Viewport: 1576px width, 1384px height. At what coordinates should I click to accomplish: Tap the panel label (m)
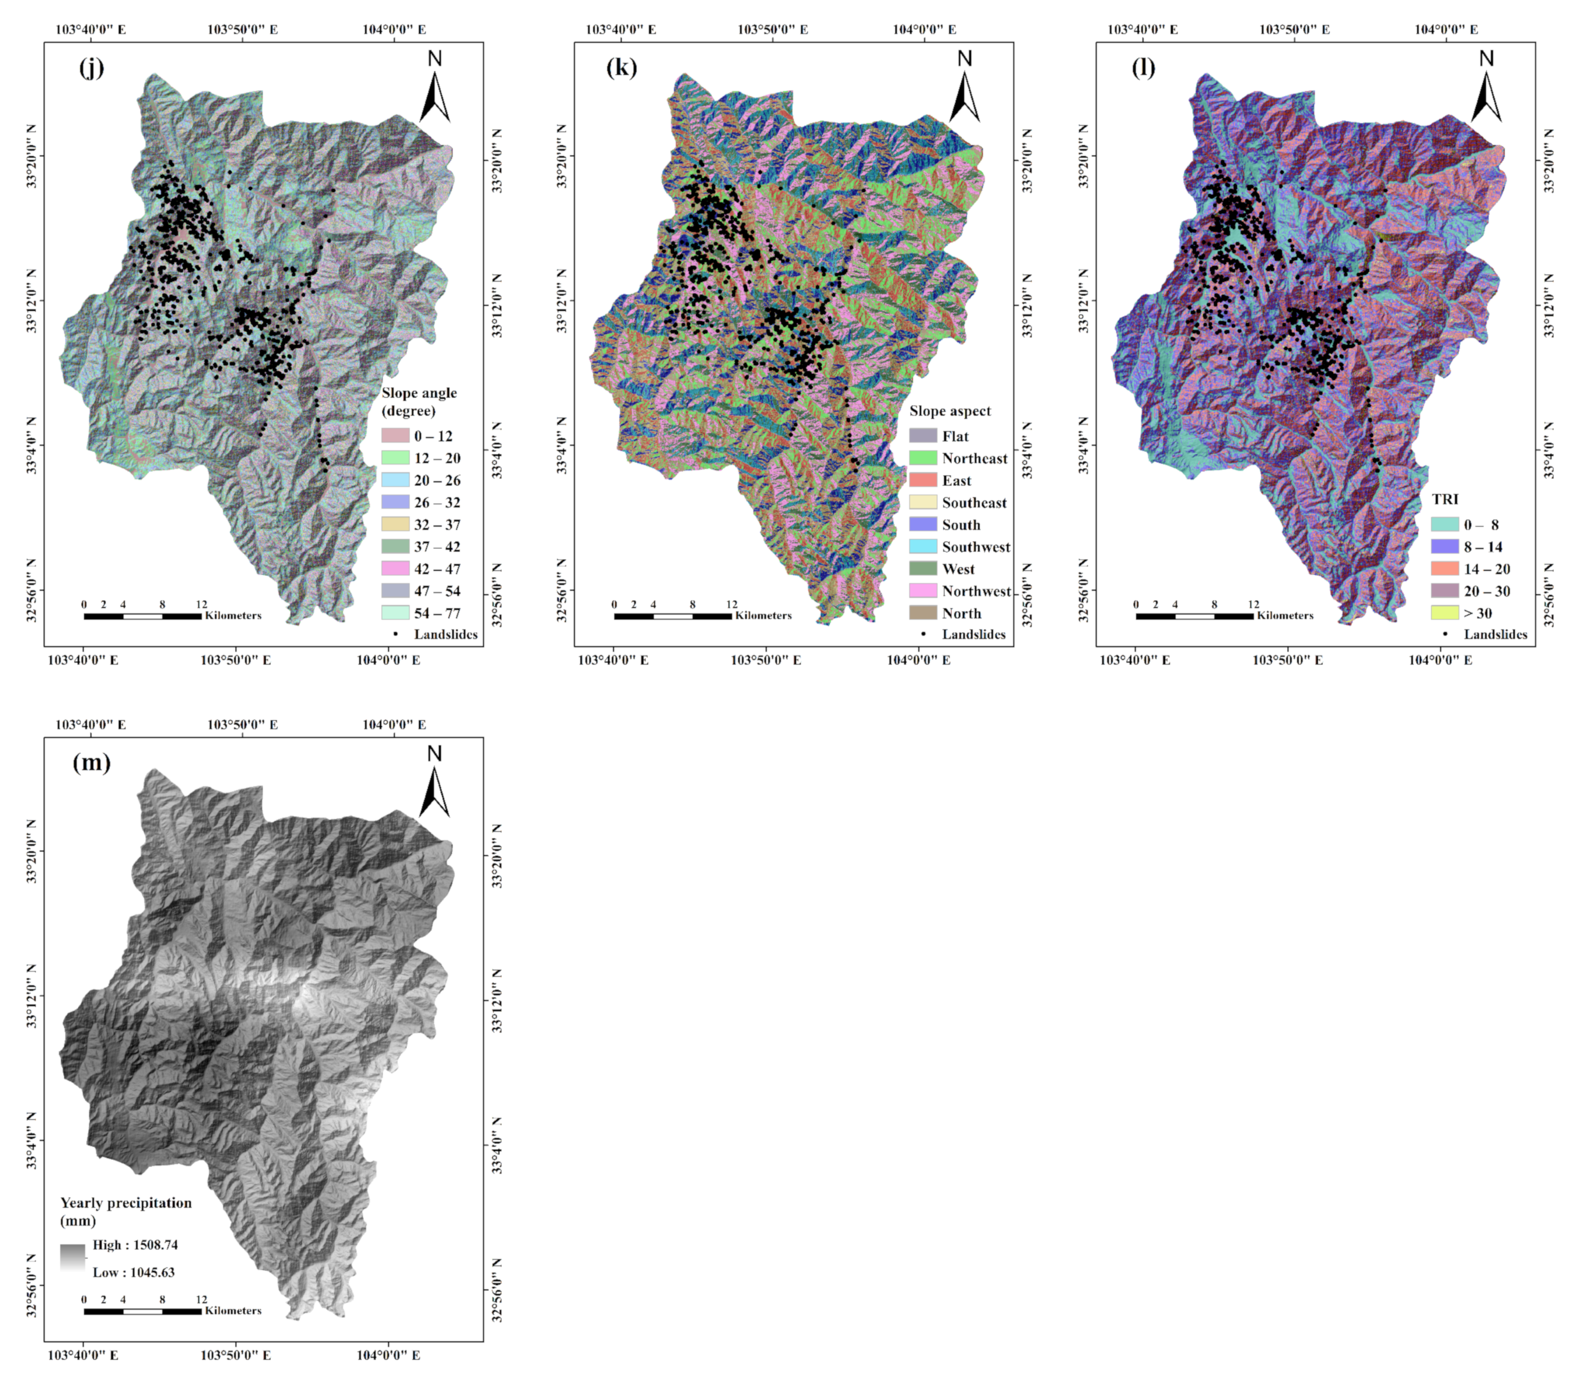coord(91,763)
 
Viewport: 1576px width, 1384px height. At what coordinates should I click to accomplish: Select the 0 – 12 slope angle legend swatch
coord(395,436)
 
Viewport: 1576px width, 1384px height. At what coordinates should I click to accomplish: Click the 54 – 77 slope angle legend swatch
coord(395,613)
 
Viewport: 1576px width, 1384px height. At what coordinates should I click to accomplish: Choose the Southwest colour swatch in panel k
coord(923,547)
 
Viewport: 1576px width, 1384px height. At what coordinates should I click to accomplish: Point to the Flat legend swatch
coord(923,436)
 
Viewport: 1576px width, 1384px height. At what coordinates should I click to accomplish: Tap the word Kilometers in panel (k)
coord(763,615)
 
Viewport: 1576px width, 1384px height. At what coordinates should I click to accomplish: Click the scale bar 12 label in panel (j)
coord(201,605)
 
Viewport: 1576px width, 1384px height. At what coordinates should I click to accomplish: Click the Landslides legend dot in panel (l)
coord(1445,634)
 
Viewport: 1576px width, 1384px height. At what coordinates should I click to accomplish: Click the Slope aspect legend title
coord(950,411)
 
